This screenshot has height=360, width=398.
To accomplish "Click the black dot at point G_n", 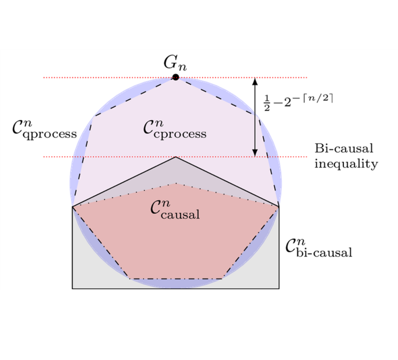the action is [x=175, y=77].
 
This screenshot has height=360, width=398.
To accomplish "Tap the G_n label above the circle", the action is [x=175, y=63].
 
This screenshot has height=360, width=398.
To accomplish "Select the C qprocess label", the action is [x=45, y=129].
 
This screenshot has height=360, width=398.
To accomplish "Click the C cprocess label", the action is [x=174, y=129].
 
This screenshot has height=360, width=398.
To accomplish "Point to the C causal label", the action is [x=175, y=210].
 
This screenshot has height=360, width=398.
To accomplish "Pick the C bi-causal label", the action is [x=319, y=248].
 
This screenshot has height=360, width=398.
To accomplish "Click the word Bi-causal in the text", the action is [x=344, y=149].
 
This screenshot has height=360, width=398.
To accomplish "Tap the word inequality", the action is [x=346, y=164].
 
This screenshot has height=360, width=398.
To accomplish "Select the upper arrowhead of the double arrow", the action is [x=255, y=82].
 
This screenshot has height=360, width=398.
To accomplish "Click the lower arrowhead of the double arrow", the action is [x=255, y=153].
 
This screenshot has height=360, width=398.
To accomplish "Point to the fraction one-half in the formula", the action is [x=267, y=103].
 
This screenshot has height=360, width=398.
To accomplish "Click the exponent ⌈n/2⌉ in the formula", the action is [x=318, y=98].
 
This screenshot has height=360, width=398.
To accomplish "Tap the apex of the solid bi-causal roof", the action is [x=176, y=157].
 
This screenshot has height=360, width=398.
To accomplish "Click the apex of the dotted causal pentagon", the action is [x=176, y=183].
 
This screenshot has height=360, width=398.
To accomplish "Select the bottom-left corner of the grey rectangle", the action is [x=72, y=288].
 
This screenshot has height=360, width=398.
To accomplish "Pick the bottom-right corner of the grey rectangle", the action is [x=279, y=288].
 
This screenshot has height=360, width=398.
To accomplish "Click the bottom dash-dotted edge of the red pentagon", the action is [x=175, y=279].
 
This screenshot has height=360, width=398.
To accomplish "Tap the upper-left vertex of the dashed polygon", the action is [x=95, y=116].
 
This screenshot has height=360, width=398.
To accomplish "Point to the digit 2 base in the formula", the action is [x=287, y=102].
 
